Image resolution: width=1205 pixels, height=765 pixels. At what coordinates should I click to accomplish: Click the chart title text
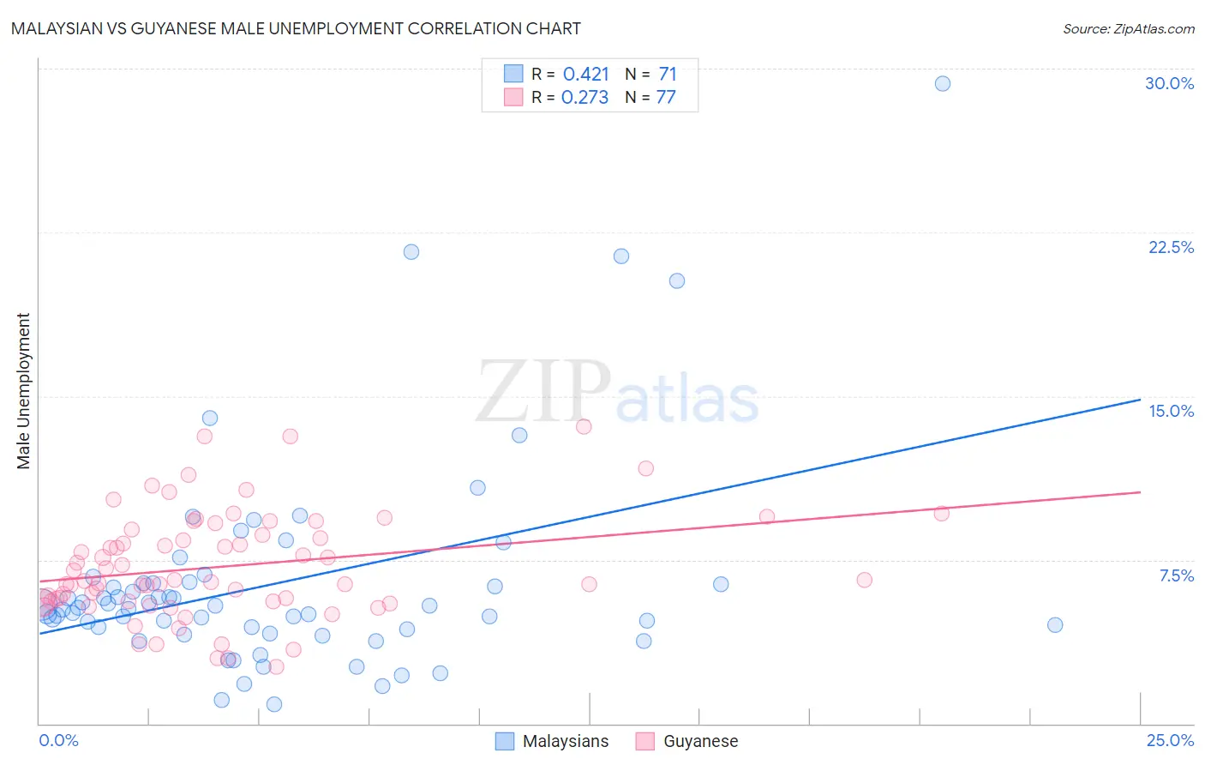[296, 28]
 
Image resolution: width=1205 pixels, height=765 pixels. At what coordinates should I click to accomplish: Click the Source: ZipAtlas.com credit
[1128, 28]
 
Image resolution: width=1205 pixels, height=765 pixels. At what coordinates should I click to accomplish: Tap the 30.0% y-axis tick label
[1169, 83]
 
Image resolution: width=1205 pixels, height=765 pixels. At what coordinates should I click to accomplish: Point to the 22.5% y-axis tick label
[1171, 247]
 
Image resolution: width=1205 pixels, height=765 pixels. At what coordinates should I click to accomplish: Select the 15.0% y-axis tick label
[1171, 411]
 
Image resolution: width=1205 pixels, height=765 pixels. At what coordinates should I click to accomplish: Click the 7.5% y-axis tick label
[1176, 575]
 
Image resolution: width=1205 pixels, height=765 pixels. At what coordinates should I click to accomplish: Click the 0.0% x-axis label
[58, 740]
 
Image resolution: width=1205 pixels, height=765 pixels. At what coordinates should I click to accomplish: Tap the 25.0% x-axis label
[1170, 740]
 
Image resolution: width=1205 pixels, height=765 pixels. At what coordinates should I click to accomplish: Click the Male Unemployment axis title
[23, 391]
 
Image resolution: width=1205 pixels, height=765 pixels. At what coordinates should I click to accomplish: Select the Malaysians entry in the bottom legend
[553, 741]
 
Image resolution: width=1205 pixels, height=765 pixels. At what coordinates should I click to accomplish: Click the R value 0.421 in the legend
[585, 74]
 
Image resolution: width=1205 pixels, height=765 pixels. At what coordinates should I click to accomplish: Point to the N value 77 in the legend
[666, 97]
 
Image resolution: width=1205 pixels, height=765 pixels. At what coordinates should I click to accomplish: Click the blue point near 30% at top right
[942, 83]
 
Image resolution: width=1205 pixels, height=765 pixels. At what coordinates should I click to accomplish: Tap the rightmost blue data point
[1055, 625]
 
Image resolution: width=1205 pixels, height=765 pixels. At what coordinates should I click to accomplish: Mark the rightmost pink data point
[941, 514]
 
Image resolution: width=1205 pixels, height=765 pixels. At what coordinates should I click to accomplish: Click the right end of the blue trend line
[1140, 400]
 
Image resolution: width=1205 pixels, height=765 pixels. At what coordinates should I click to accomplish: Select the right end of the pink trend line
[1140, 492]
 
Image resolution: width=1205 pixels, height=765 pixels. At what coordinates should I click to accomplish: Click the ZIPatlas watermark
[617, 393]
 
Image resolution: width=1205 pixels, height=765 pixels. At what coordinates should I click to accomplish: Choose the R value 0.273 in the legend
[585, 97]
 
